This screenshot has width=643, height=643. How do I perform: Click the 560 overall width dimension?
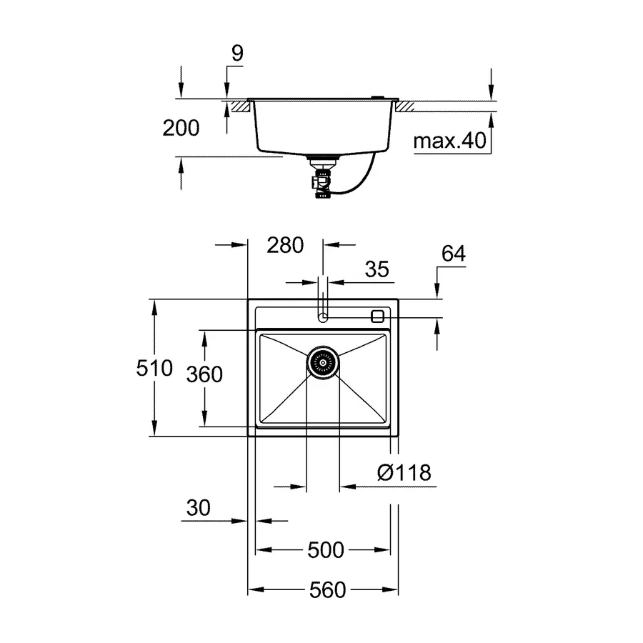pyautogui.click(x=327, y=589)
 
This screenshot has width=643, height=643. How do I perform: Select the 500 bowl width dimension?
pyautogui.click(x=326, y=550)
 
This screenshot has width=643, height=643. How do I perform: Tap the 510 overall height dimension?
pyautogui.click(x=154, y=368)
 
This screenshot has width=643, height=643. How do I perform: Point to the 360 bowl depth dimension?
pyautogui.click(x=204, y=374)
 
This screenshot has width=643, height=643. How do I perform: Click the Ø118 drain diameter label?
pyautogui.click(x=404, y=472)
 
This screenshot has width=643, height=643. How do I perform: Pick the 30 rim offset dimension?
pyautogui.click(x=199, y=508)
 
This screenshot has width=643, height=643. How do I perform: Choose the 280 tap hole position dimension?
pyautogui.click(x=285, y=245)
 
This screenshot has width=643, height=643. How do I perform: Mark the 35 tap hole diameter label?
pyautogui.click(x=377, y=269)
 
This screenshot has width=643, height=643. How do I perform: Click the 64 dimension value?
pyautogui.click(x=453, y=254)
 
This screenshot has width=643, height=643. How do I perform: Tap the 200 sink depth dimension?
pyautogui.click(x=181, y=129)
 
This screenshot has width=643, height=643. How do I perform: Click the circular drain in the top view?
pyautogui.click(x=323, y=362)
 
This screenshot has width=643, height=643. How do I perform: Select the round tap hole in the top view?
pyautogui.click(x=323, y=316)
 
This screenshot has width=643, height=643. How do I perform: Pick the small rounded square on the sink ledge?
pyautogui.click(x=378, y=316)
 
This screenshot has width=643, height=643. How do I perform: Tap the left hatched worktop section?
pyautogui.click(x=239, y=106)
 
